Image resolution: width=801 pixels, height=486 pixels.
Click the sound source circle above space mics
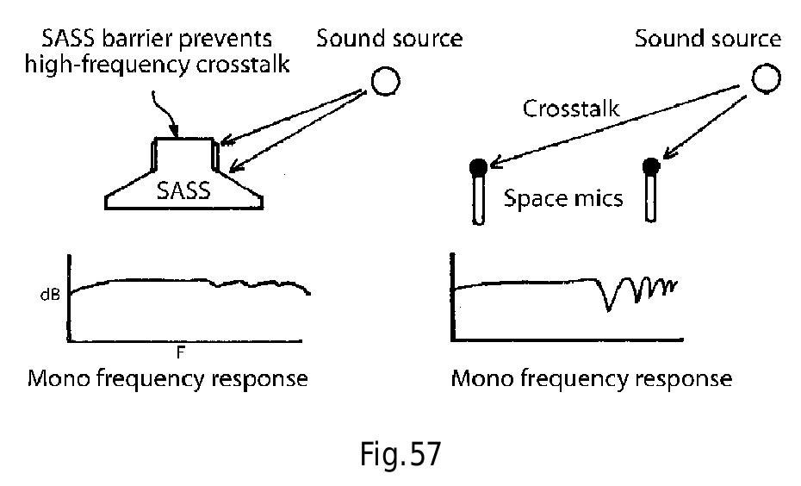766,79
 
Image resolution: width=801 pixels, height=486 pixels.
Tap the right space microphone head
651,165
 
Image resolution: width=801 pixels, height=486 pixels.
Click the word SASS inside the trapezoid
183,190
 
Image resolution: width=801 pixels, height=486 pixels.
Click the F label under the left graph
182,352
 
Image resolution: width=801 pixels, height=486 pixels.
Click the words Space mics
563,198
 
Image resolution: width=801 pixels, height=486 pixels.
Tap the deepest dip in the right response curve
610,308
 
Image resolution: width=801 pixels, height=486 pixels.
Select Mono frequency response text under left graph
168,378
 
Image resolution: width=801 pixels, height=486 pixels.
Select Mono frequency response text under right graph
592,378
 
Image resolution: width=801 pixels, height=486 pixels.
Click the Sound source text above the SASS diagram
389,39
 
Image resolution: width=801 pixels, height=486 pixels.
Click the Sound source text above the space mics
708,39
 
